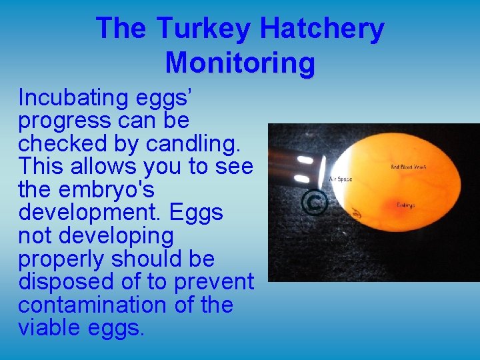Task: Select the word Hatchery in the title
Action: point(321,29)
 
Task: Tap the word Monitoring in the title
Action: point(240,63)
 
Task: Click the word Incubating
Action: point(73,98)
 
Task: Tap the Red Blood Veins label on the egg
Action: point(409,167)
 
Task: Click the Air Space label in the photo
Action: point(341,179)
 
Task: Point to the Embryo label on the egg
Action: point(405,205)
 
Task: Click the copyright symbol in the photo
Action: point(313,203)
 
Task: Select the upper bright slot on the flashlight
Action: point(306,161)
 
